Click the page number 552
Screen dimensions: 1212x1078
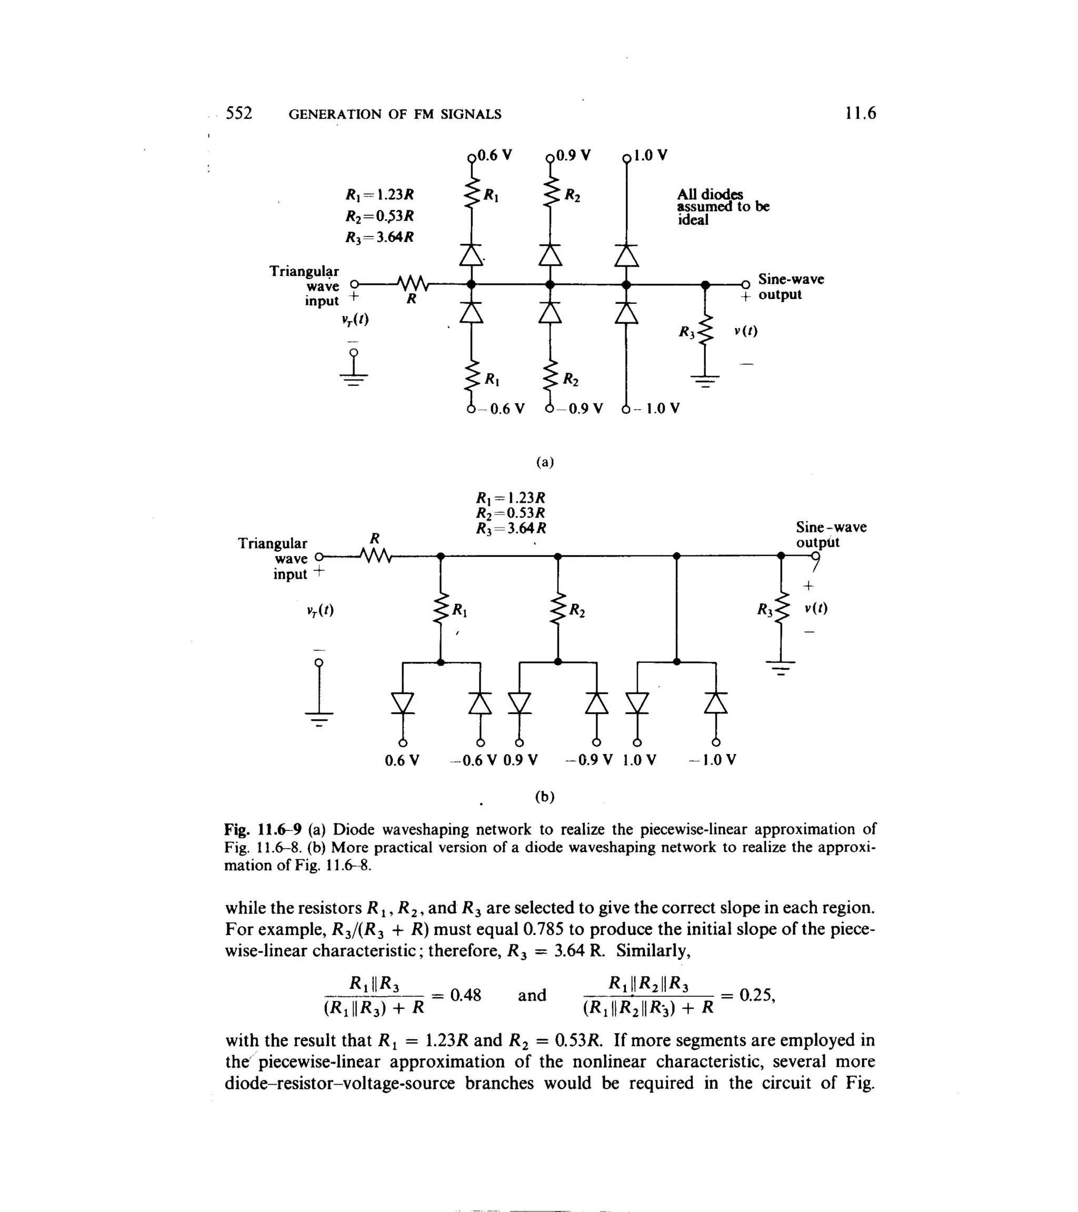(239, 113)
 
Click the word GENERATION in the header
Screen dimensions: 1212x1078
(336, 114)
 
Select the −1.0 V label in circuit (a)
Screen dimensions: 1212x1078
(657, 409)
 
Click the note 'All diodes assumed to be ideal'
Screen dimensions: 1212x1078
(722, 207)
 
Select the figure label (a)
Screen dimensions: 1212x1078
(544, 462)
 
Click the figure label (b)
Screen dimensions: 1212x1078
(544, 797)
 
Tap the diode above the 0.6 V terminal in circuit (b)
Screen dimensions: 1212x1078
(403, 703)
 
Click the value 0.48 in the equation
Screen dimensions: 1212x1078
(465, 995)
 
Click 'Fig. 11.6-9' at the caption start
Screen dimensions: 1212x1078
(263, 829)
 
